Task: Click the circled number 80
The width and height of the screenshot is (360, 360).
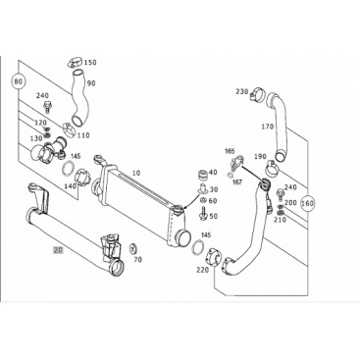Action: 19,81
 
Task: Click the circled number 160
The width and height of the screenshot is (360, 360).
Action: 307,203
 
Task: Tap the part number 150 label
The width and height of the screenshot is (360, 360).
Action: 90,63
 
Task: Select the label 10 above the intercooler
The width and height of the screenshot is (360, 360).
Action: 136,173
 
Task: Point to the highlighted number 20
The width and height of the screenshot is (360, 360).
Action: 58,251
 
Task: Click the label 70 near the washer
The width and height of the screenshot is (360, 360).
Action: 138,260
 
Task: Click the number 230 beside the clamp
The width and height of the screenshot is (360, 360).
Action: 242,92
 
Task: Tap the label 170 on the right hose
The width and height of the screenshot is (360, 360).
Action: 267,127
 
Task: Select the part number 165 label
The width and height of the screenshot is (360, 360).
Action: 230,151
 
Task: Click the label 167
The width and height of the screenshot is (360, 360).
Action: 237,182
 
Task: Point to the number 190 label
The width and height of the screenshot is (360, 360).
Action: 260,157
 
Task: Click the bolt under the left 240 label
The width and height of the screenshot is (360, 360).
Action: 46,107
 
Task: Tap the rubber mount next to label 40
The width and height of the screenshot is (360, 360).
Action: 203,176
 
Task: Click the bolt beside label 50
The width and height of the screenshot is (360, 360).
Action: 202,213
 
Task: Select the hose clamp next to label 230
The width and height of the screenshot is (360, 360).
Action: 257,93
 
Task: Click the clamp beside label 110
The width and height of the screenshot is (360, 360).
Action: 69,129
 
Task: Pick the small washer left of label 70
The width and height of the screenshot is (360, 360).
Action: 132,248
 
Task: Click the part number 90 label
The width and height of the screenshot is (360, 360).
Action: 91,83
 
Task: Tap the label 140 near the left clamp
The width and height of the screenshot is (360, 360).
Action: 71,185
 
